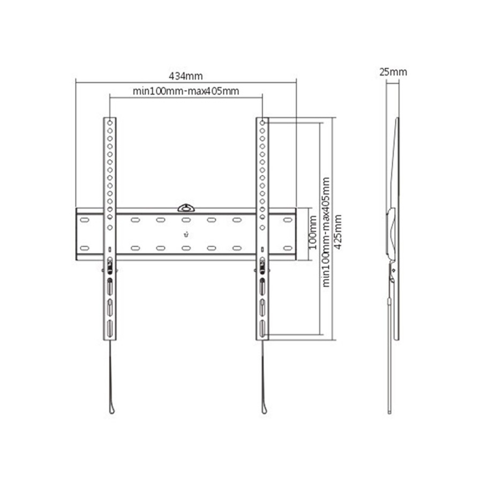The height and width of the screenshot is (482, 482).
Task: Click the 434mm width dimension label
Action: (x=186, y=76)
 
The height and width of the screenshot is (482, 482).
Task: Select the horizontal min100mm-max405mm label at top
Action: (x=186, y=91)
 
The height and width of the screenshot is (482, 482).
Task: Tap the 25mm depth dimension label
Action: (x=393, y=72)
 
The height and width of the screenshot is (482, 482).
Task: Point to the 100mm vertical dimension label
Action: (x=313, y=234)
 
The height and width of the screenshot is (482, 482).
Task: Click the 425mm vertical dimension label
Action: (x=337, y=229)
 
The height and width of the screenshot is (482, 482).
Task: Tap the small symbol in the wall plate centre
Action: (x=186, y=234)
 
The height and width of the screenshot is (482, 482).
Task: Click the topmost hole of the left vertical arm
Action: (x=110, y=123)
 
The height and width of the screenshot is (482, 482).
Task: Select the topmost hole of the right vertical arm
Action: (x=262, y=123)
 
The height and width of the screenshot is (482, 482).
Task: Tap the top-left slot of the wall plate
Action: (x=84, y=220)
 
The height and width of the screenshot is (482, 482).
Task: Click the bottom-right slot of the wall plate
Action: (x=288, y=248)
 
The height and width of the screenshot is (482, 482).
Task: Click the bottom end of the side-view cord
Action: (x=389, y=411)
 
